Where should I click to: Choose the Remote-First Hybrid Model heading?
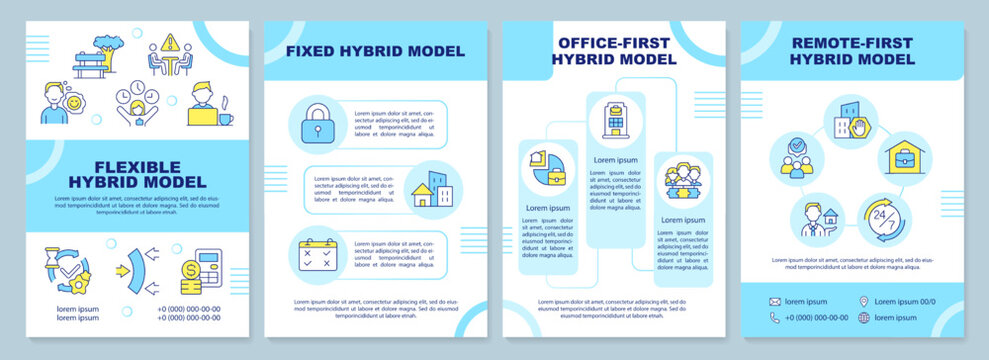click(852, 51)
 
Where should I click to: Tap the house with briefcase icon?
click(904, 157)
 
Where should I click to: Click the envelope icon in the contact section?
click(774, 301)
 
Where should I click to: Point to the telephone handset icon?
click(774, 318)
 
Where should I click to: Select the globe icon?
click(863, 318)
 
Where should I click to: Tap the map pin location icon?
click(863, 301)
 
